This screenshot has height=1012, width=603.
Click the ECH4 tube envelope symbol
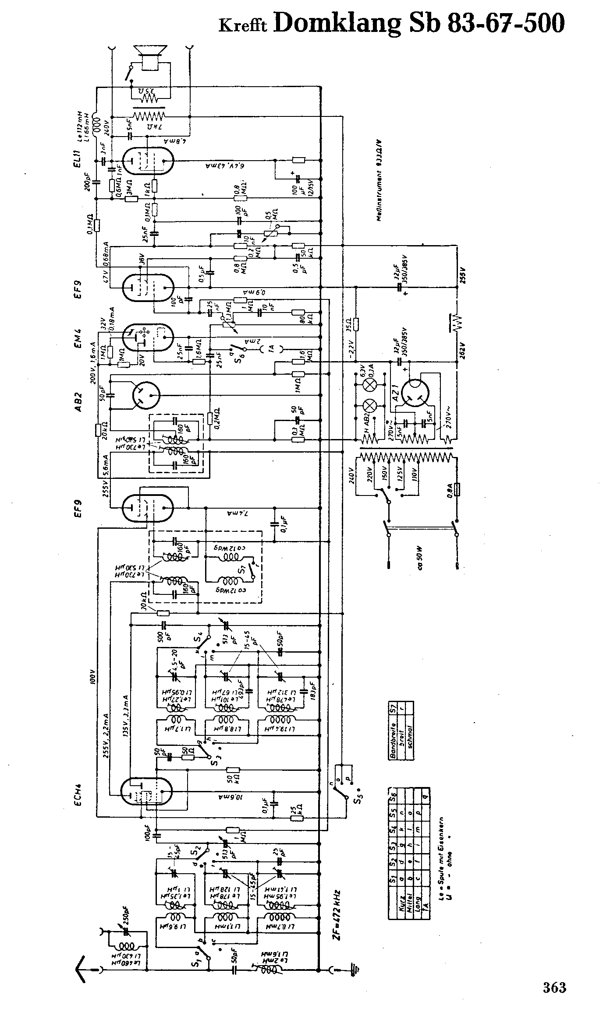(147, 792)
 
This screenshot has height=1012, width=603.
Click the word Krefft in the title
(243, 26)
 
